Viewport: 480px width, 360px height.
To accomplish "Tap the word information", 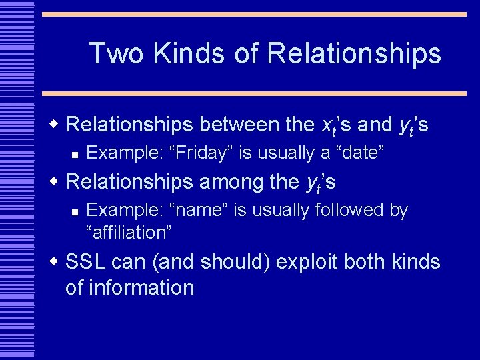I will [x=129, y=288].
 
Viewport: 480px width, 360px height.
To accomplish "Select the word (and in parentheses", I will [x=174, y=263].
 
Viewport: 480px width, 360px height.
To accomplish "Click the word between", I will [x=231, y=124].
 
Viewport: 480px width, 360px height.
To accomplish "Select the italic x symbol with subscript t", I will [x=329, y=125].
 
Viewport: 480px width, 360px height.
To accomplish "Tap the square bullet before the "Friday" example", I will [x=75, y=154].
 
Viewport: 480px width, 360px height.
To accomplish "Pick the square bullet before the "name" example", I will [x=75, y=211].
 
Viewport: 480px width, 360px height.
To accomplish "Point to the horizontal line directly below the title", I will [x=254, y=93].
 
